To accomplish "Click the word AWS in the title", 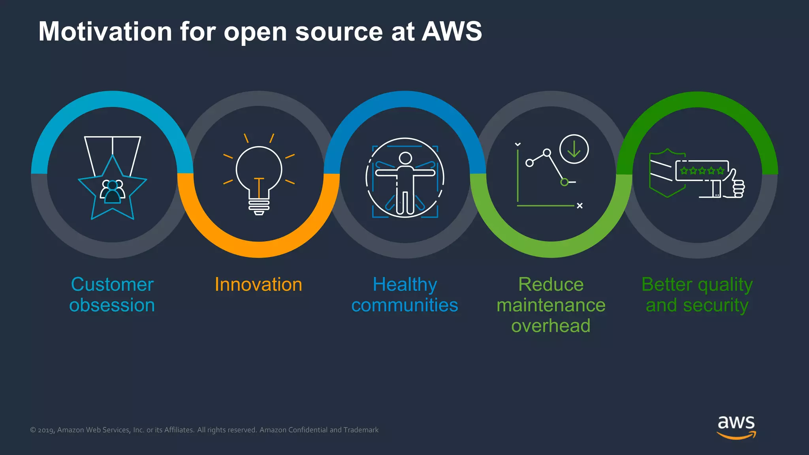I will [x=452, y=32].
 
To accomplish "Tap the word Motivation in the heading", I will [x=105, y=32].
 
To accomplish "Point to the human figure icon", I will [x=405, y=178].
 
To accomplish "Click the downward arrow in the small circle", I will [x=574, y=149].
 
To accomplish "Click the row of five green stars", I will [x=702, y=171].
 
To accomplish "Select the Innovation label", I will [x=258, y=284].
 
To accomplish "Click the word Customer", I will [x=112, y=284].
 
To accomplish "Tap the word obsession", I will [x=112, y=305].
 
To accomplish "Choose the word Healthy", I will [x=405, y=284].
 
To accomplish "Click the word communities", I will [x=405, y=305].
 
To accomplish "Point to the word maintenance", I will [x=551, y=305].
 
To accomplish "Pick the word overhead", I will [x=551, y=326].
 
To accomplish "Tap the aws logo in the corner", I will [x=736, y=427].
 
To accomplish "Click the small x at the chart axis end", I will [x=579, y=206].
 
